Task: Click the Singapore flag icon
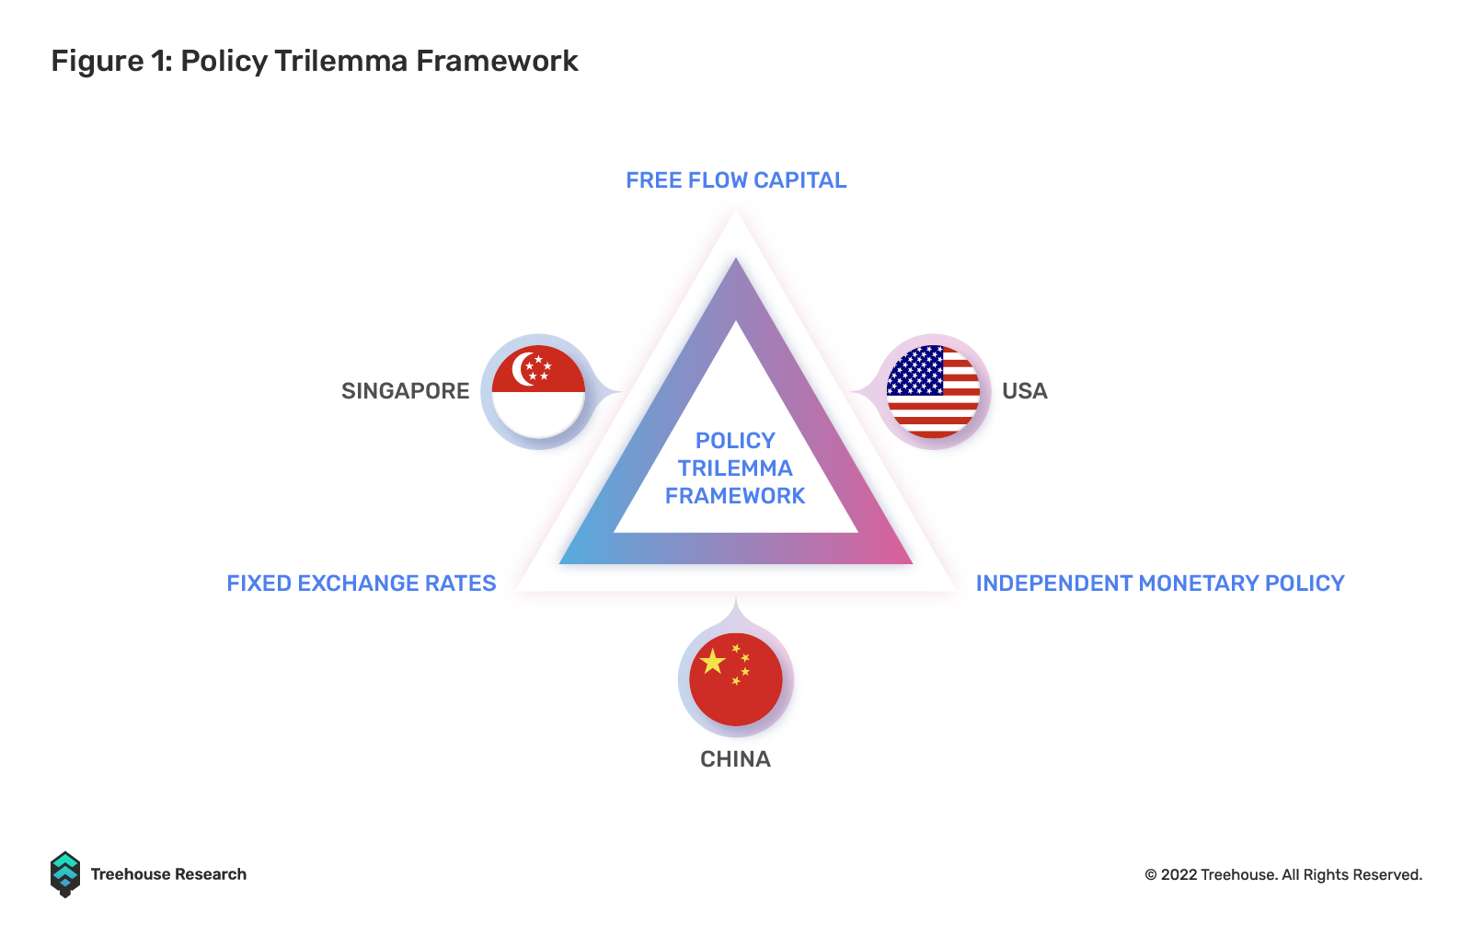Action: tap(538, 391)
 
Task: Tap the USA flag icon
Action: tap(933, 391)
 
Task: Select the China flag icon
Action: tap(735, 679)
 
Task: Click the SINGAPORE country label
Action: tap(406, 391)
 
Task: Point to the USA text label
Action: tap(1025, 391)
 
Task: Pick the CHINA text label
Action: tap(735, 759)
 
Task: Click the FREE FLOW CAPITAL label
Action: tap(736, 180)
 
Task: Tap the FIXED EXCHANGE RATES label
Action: tap(362, 583)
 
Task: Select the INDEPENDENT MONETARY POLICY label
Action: tap(1160, 583)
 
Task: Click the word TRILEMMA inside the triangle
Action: tap(735, 468)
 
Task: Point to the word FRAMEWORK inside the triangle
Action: tap(735, 495)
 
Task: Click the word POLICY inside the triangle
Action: tap(735, 441)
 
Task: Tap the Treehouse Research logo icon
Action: tap(65, 874)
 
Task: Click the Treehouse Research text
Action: tap(168, 874)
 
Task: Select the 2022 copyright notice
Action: tap(1283, 875)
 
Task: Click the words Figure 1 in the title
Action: tap(111, 61)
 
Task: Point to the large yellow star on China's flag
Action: tap(712, 661)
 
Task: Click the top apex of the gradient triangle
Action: tap(735, 259)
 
